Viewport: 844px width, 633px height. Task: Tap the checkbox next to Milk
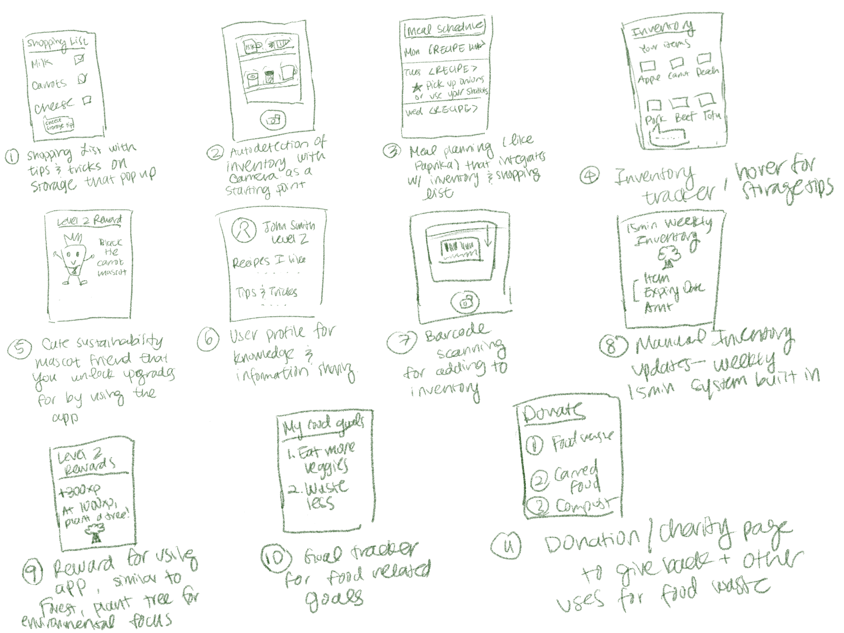tap(79, 59)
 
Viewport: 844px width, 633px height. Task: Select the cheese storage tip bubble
tap(59, 125)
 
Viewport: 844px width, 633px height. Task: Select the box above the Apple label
tap(647, 66)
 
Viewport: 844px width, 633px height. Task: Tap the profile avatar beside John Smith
tap(244, 229)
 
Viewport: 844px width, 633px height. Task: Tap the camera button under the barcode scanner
tap(464, 302)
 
